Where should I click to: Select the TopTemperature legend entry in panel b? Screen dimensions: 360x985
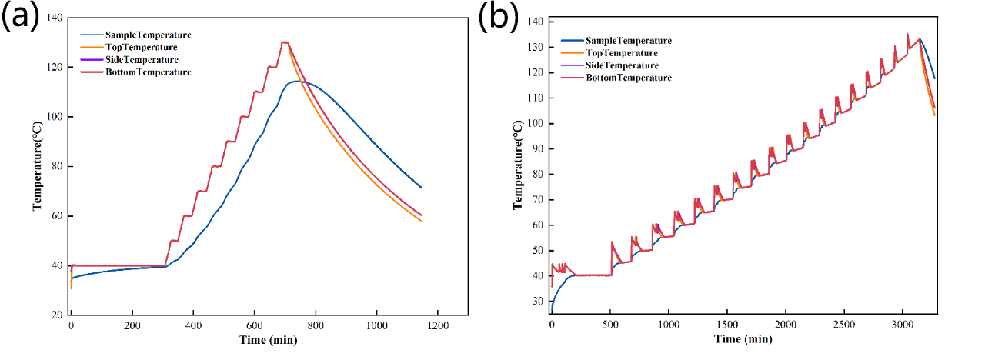click(621, 53)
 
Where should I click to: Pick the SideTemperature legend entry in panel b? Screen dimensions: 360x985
click(622, 65)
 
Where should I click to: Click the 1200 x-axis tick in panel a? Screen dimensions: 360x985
click(437, 325)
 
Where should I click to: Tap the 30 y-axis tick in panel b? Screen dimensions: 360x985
click(536, 302)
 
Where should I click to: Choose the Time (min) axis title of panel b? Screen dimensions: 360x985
click(743, 339)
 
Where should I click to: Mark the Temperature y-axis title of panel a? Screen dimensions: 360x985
click(37, 166)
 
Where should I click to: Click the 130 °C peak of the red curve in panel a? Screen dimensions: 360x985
click(285, 42)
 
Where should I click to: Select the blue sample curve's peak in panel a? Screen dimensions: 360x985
click(297, 81)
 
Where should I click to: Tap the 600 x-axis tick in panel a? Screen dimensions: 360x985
click(254, 325)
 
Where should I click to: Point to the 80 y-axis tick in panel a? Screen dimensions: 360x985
click(56, 167)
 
